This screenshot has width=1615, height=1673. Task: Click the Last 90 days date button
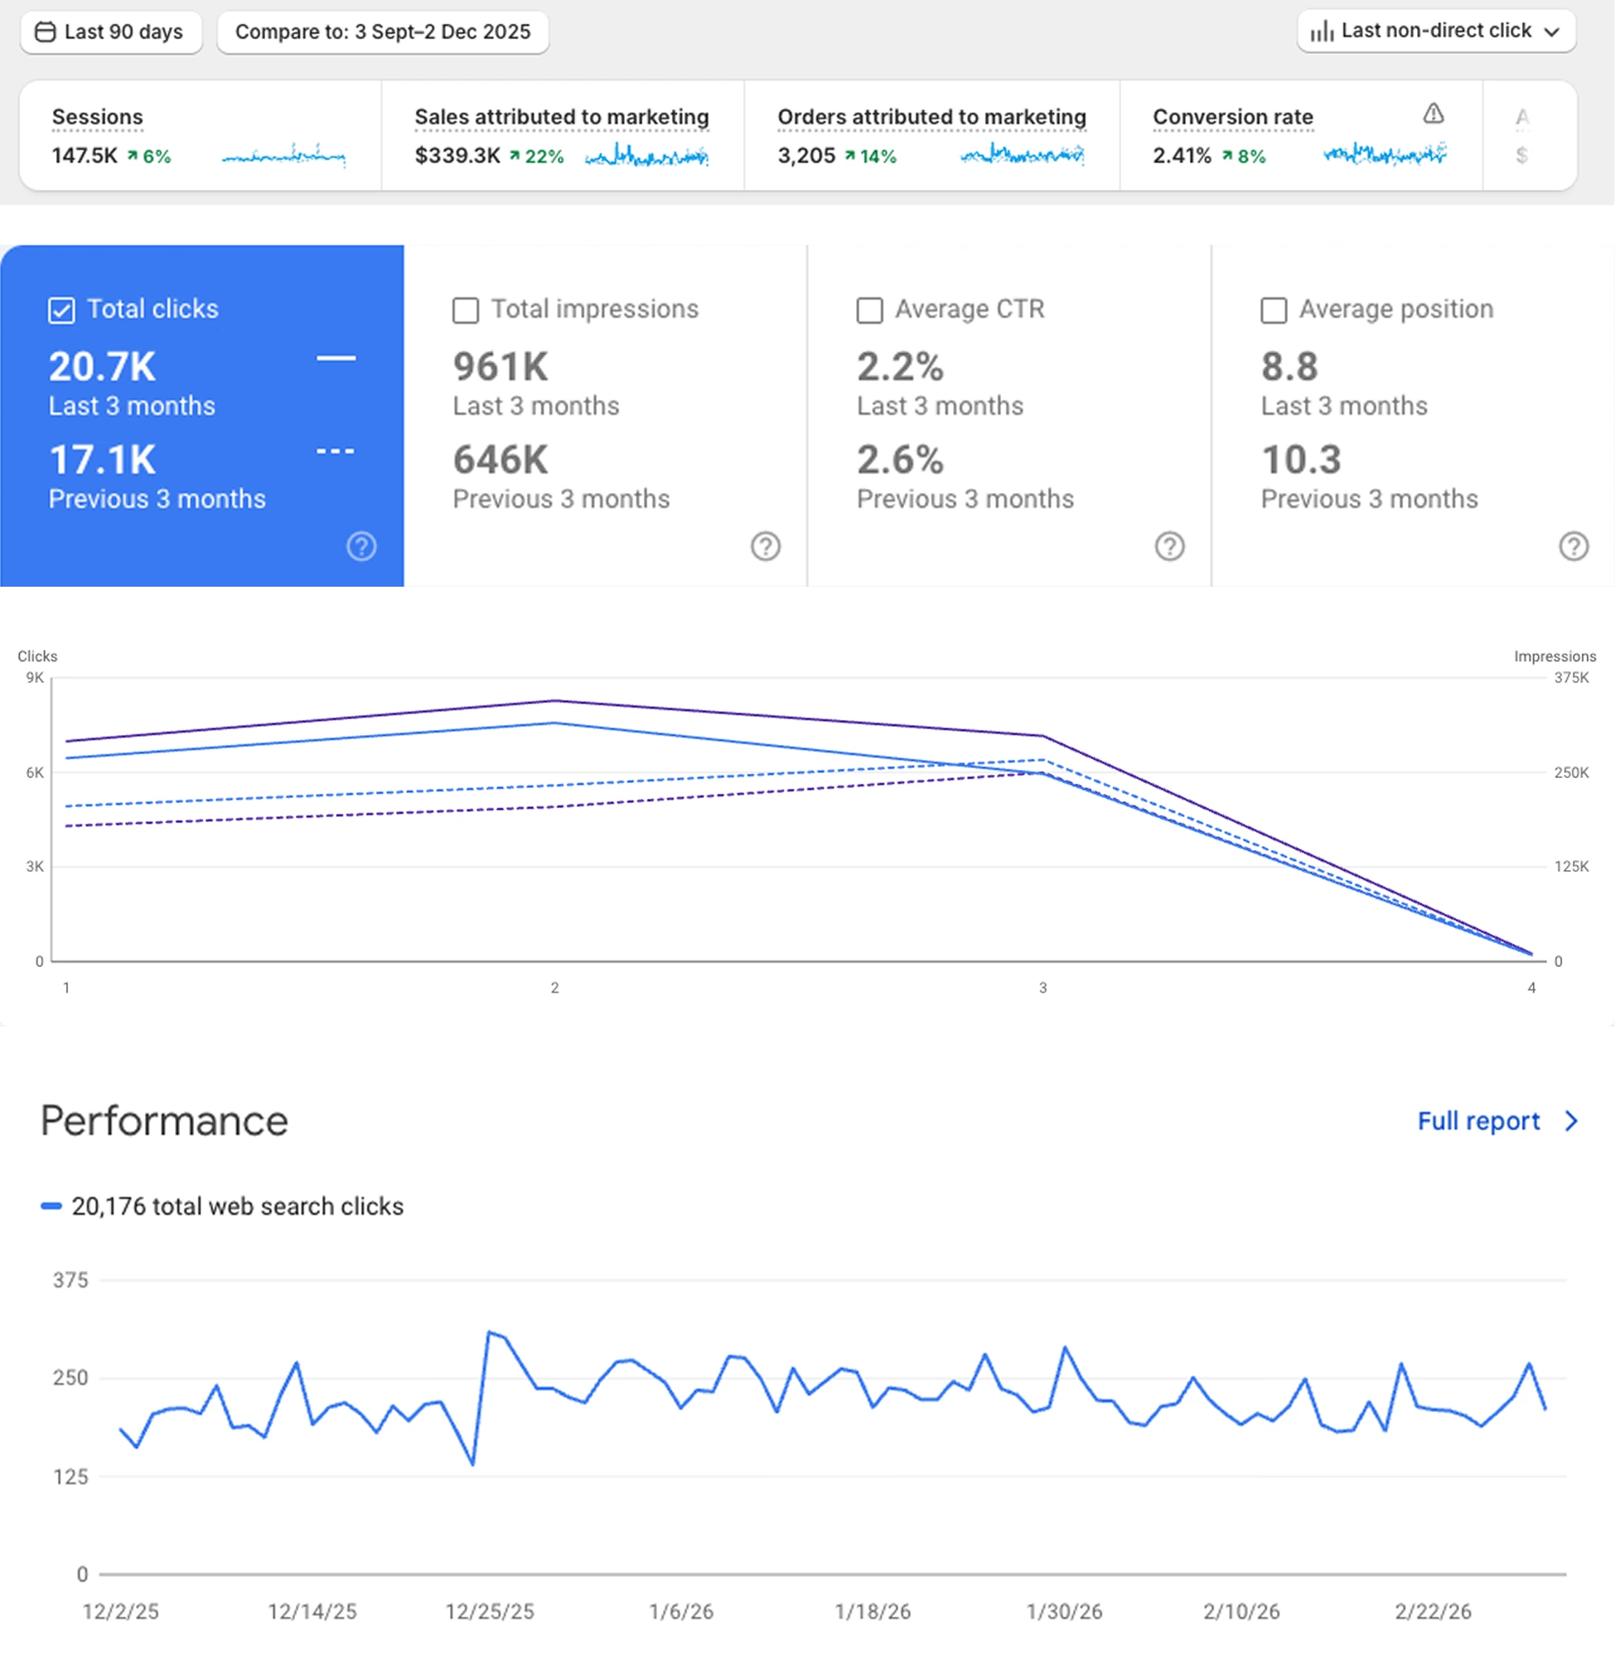click(x=111, y=32)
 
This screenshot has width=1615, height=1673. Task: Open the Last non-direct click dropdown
click(x=1436, y=31)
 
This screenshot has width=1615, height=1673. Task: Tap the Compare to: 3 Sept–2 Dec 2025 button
click(x=382, y=32)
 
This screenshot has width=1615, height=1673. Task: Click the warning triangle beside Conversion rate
click(x=1434, y=114)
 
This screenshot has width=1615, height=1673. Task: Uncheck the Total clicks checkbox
click(x=61, y=311)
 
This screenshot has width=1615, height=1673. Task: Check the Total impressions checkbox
click(x=465, y=311)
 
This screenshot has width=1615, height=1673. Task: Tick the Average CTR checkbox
click(x=869, y=311)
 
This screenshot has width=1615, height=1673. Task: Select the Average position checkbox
click(x=1274, y=311)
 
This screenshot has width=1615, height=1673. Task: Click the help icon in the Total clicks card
click(x=361, y=546)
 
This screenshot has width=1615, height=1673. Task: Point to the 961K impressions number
click(x=500, y=367)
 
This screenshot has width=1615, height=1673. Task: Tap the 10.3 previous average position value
click(x=1301, y=460)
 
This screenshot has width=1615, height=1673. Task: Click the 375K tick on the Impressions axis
click(x=1571, y=678)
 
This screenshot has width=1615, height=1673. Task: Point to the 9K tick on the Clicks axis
click(x=35, y=678)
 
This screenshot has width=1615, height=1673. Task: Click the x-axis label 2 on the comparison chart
click(x=555, y=988)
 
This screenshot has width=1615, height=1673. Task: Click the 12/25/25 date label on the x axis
click(x=489, y=1612)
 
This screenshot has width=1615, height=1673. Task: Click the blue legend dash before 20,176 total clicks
click(x=51, y=1206)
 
